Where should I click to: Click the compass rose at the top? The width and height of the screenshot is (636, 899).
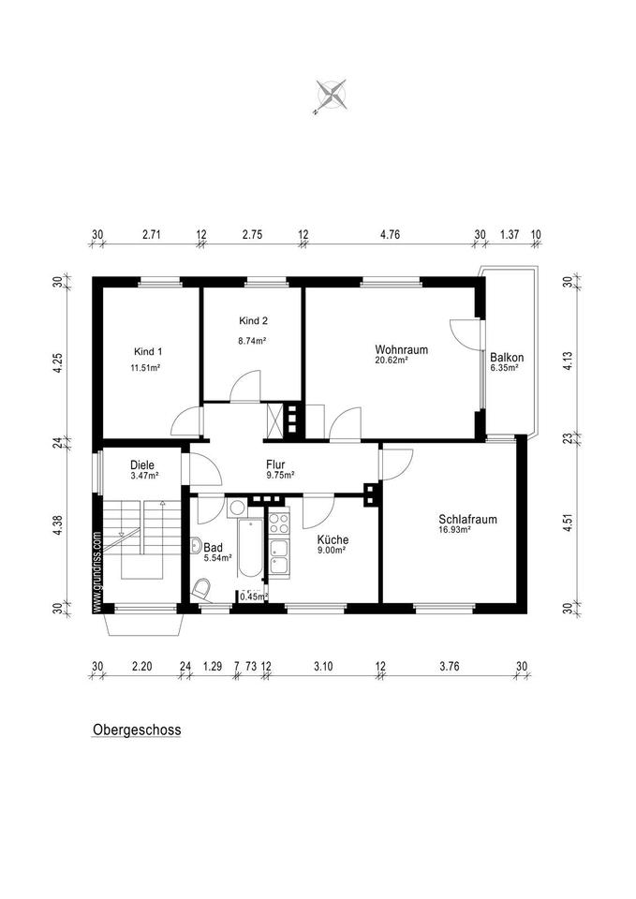click(332, 94)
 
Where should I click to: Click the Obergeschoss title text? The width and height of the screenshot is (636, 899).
click(136, 730)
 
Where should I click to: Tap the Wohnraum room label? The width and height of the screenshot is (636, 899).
click(401, 349)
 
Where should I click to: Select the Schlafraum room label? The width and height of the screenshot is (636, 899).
click(466, 519)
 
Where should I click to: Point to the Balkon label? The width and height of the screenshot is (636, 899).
click(507, 357)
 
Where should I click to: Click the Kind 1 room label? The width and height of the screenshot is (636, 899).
click(148, 352)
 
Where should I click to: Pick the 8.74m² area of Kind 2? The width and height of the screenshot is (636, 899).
click(252, 342)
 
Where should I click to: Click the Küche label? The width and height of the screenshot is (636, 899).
click(333, 539)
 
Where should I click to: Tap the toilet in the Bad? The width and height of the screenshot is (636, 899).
click(202, 590)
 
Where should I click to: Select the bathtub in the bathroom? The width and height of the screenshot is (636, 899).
click(250, 549)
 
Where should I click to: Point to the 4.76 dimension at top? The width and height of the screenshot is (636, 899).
click(390, 235)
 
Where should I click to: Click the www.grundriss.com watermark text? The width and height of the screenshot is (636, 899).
click(96, 571)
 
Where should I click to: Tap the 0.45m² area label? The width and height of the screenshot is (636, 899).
click(253, 596)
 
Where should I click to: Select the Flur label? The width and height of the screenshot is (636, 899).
click(276, 463)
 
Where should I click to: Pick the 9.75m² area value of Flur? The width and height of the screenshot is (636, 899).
click(279, 475)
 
